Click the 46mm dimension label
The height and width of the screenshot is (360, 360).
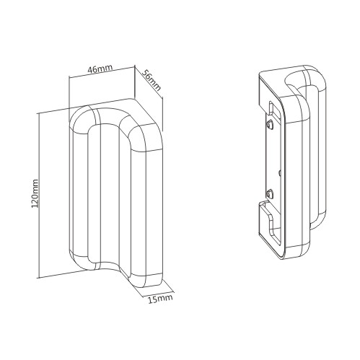tap(100, 69)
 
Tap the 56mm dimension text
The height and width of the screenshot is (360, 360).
tap(152, 80)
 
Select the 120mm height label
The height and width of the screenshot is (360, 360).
tap(35, 193)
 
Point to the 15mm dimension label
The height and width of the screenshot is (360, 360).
tap(160, 299)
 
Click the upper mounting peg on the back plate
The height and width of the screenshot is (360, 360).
tap(271, 125)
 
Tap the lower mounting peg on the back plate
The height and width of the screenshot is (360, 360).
tap(270, 193)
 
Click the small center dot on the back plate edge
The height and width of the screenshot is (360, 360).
tap(279, 172)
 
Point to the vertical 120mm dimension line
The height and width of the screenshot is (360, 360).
tap(38, 196)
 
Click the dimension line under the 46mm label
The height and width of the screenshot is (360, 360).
tap(101, 72)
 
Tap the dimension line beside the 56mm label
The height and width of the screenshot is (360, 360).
tap(149, 83)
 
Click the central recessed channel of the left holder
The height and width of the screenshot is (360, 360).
tap(110, 193)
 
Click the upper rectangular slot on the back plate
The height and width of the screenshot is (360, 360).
tap(271, 107)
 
